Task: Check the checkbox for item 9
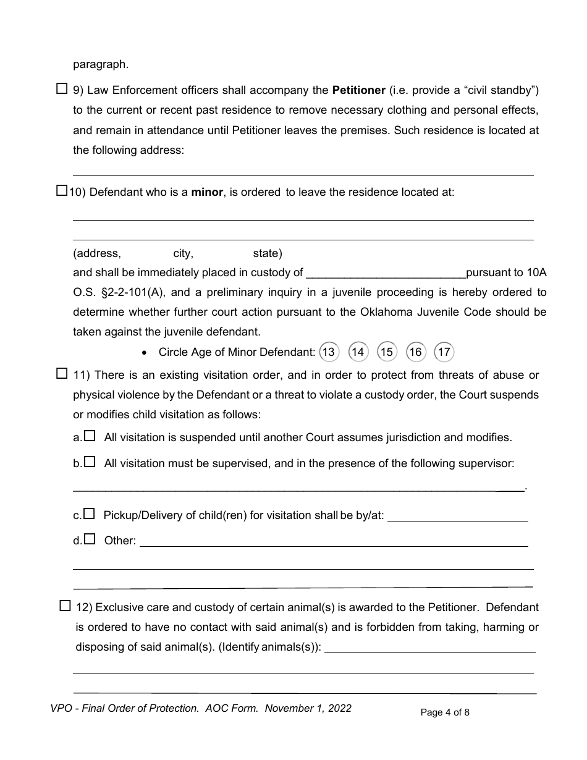[x=62, y=88]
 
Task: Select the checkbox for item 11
[x=62, y=373]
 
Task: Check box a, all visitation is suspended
[x=90, y=436]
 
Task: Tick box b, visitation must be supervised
[x=90, y=462]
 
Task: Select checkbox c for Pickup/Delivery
[x=89, y=513]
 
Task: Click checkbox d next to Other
[x=90, y=539]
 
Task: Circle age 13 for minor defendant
[x=329, y=352]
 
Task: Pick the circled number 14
[x=358, y=352]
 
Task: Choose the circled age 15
[x=386, y=352]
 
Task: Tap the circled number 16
[x=415, y=352]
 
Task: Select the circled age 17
[x=444, y=352]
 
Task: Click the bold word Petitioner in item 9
[x=358, y=91]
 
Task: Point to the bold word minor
[x=206, y=192]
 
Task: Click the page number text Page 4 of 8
[x=445, y=712]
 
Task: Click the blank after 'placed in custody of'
[x=386, y=273]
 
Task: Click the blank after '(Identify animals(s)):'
[x=430, y=648]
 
